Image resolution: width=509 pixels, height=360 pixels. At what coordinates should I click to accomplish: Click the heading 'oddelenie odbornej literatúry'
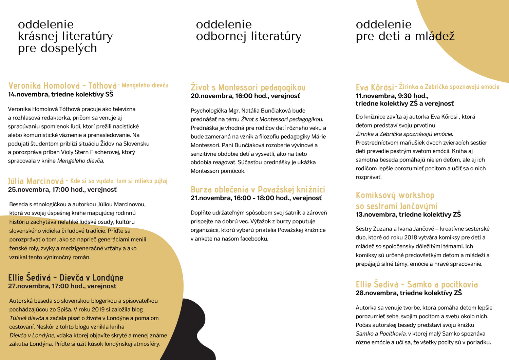(248, 30)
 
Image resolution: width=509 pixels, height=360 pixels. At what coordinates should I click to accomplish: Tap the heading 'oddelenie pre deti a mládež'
(405, 30)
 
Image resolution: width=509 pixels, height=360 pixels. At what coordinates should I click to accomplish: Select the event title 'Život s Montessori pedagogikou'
(248, 88)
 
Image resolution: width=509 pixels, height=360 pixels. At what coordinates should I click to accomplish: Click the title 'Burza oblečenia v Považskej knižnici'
(258, 189)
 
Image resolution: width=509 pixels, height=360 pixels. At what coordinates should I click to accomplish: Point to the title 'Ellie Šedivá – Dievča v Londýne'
(65, 278)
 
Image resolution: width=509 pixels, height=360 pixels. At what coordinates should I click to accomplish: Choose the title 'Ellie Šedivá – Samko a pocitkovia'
(416, 284)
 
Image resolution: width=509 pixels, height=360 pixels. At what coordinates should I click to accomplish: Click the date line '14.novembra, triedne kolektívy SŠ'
(61, 94)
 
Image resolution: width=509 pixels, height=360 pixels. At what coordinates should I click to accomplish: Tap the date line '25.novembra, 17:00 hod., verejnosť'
(62, 190)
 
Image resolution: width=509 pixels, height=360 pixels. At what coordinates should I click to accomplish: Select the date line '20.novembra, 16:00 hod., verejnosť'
(245, 96)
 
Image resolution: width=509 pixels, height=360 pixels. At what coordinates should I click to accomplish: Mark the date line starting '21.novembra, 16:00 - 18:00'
(256, 198)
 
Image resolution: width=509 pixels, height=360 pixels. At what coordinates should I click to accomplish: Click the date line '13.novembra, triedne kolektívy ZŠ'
(408, 214)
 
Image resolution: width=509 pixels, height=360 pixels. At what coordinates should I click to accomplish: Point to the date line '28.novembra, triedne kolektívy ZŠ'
(409, 293)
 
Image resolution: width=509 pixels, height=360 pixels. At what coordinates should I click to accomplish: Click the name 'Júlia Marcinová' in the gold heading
(36, 181)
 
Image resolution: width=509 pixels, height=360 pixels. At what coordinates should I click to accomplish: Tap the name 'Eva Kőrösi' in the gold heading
(374, 88)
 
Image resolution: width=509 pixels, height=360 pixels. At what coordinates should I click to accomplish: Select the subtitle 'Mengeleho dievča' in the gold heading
(145, 86)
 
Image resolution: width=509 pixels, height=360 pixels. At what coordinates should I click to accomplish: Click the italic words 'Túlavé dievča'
(26, 318)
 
